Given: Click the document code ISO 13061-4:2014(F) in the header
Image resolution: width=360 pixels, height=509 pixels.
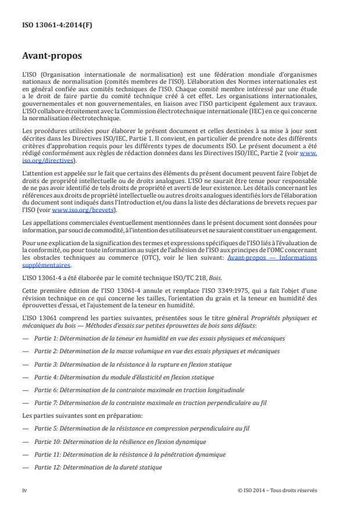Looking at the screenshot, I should click(49, 26).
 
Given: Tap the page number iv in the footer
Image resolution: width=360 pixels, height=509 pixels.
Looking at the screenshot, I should click(24, 489).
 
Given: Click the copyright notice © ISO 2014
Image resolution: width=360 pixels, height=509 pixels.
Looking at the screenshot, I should click(278, 489).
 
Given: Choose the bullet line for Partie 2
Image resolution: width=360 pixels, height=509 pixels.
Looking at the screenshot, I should click(159, 350).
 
